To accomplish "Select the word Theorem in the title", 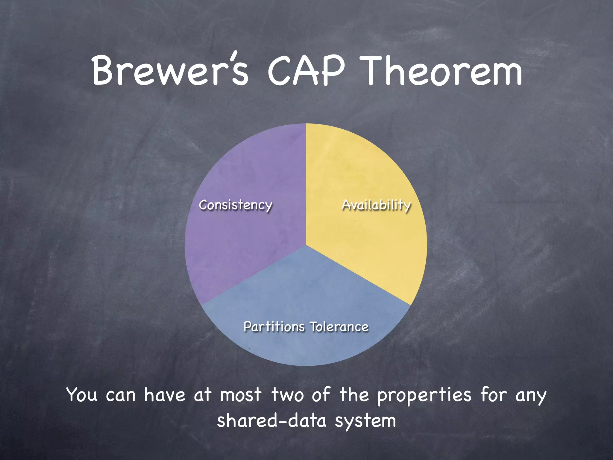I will (x=443, y=71).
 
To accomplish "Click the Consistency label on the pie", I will (x=236, y=205).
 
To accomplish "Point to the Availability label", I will (x=376, y=205).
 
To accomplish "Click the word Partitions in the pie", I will (x=274, y=326).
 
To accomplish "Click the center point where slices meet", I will (x=306, y=245).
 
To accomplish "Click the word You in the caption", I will (x=82, y=395).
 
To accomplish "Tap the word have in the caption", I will (x=165, y=395).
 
